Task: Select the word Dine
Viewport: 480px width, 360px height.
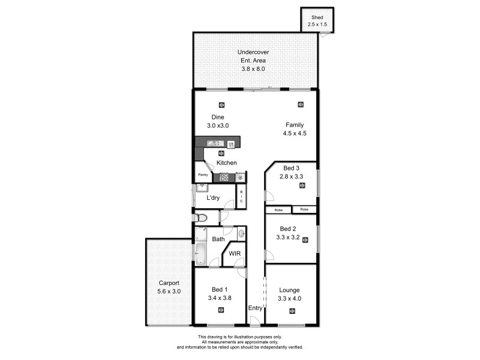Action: (218, 117)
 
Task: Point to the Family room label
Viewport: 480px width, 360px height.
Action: (294, 125)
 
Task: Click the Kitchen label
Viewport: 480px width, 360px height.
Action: (226, 163)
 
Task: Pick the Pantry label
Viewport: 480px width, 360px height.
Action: (203, 175)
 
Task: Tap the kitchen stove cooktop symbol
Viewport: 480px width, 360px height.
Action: (224, 177)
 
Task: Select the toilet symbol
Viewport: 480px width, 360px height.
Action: (201, 218)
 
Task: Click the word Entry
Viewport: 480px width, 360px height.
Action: (256, 308)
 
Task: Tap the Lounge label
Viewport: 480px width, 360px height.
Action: (290, 290)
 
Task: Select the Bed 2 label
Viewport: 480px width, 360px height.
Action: (289, 229)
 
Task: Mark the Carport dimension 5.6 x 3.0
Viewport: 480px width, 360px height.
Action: (169, 291)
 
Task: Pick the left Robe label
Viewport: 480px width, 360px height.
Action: (278, 210)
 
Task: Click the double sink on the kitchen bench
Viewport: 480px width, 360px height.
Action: (214, 143)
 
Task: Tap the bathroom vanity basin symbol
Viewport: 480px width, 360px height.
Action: (241, 233)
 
